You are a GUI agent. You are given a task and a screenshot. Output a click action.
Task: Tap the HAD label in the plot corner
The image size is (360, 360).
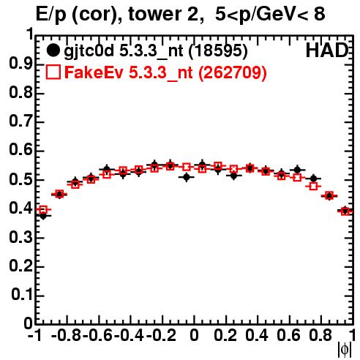[x=327, y=50]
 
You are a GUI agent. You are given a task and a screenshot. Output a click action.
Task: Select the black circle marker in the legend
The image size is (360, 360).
[x=53, y=50]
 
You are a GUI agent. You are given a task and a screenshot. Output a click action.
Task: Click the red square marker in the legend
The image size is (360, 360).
[x=53, y=72]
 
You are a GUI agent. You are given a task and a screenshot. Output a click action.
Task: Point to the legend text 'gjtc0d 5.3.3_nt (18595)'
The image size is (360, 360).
[x=156, y=51]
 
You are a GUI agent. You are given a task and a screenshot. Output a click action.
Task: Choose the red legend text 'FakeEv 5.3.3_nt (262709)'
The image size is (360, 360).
[x=165, y=72]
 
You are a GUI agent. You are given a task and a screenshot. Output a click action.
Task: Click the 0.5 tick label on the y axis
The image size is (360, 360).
[x=21, y=180]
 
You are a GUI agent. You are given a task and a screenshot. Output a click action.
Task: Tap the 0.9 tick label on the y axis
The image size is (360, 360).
[x=21, y=64]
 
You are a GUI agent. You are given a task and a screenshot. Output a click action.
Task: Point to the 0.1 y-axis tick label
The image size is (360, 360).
[x=22, y=295]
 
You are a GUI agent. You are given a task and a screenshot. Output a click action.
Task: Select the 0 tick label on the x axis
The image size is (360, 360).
[x=194, y=335]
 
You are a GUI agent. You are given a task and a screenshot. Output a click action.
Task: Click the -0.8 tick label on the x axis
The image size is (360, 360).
[x=67, y=335]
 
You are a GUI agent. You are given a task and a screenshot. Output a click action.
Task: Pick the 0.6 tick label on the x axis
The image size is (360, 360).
[x=288, y=335]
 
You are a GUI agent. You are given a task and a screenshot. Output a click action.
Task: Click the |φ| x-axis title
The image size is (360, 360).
[x=344, y=350]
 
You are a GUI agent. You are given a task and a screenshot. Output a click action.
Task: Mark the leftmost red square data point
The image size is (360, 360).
[x=43, y=209]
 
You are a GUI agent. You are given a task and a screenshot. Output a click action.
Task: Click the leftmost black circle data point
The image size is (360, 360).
[x=43, y=216]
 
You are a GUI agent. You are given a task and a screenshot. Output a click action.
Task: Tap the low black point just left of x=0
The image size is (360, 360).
[x=187, y=177]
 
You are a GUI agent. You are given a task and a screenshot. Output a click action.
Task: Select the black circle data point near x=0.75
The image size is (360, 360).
[x=314, y=179]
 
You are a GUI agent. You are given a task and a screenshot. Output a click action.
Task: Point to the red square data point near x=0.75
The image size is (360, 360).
[x=313, y=187]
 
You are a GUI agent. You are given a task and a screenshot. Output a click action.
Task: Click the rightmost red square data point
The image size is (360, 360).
[x=345, y=211]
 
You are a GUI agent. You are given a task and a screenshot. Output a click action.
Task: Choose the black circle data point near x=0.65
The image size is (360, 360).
[x=297, y=170]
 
